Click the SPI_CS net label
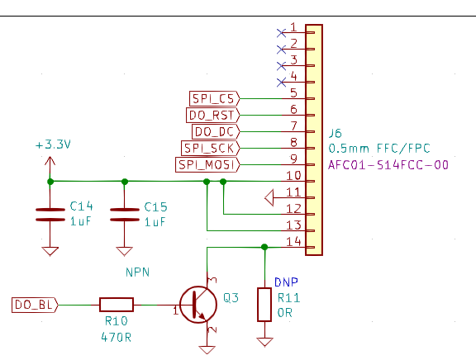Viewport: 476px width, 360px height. [214, 98]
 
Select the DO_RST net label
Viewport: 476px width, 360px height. [212, 116]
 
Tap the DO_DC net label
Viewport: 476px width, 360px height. [216, 131]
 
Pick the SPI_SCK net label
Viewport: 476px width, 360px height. [210, 149]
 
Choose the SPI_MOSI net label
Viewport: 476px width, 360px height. [207, 164]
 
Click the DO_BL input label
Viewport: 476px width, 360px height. [35, 305]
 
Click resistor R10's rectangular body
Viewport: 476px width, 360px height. [117, 305]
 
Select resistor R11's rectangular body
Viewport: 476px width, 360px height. [264, 305]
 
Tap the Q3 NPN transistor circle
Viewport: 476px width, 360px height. [198, 305]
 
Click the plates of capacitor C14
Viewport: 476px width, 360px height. [50, 215]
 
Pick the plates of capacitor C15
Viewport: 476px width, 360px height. [125, 215]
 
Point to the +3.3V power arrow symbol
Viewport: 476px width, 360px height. [50, 165]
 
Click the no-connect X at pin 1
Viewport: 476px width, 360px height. [282, 33]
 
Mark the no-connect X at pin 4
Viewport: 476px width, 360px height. [282, 83]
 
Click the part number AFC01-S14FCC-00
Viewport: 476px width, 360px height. [388, 165]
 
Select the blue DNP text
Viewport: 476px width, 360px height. [286, 282]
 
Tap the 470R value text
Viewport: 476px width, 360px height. [117, 337]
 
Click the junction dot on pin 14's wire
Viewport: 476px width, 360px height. [264, 247]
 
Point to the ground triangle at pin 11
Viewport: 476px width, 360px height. [269, 197]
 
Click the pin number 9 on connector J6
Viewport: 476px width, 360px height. [293, 159]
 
